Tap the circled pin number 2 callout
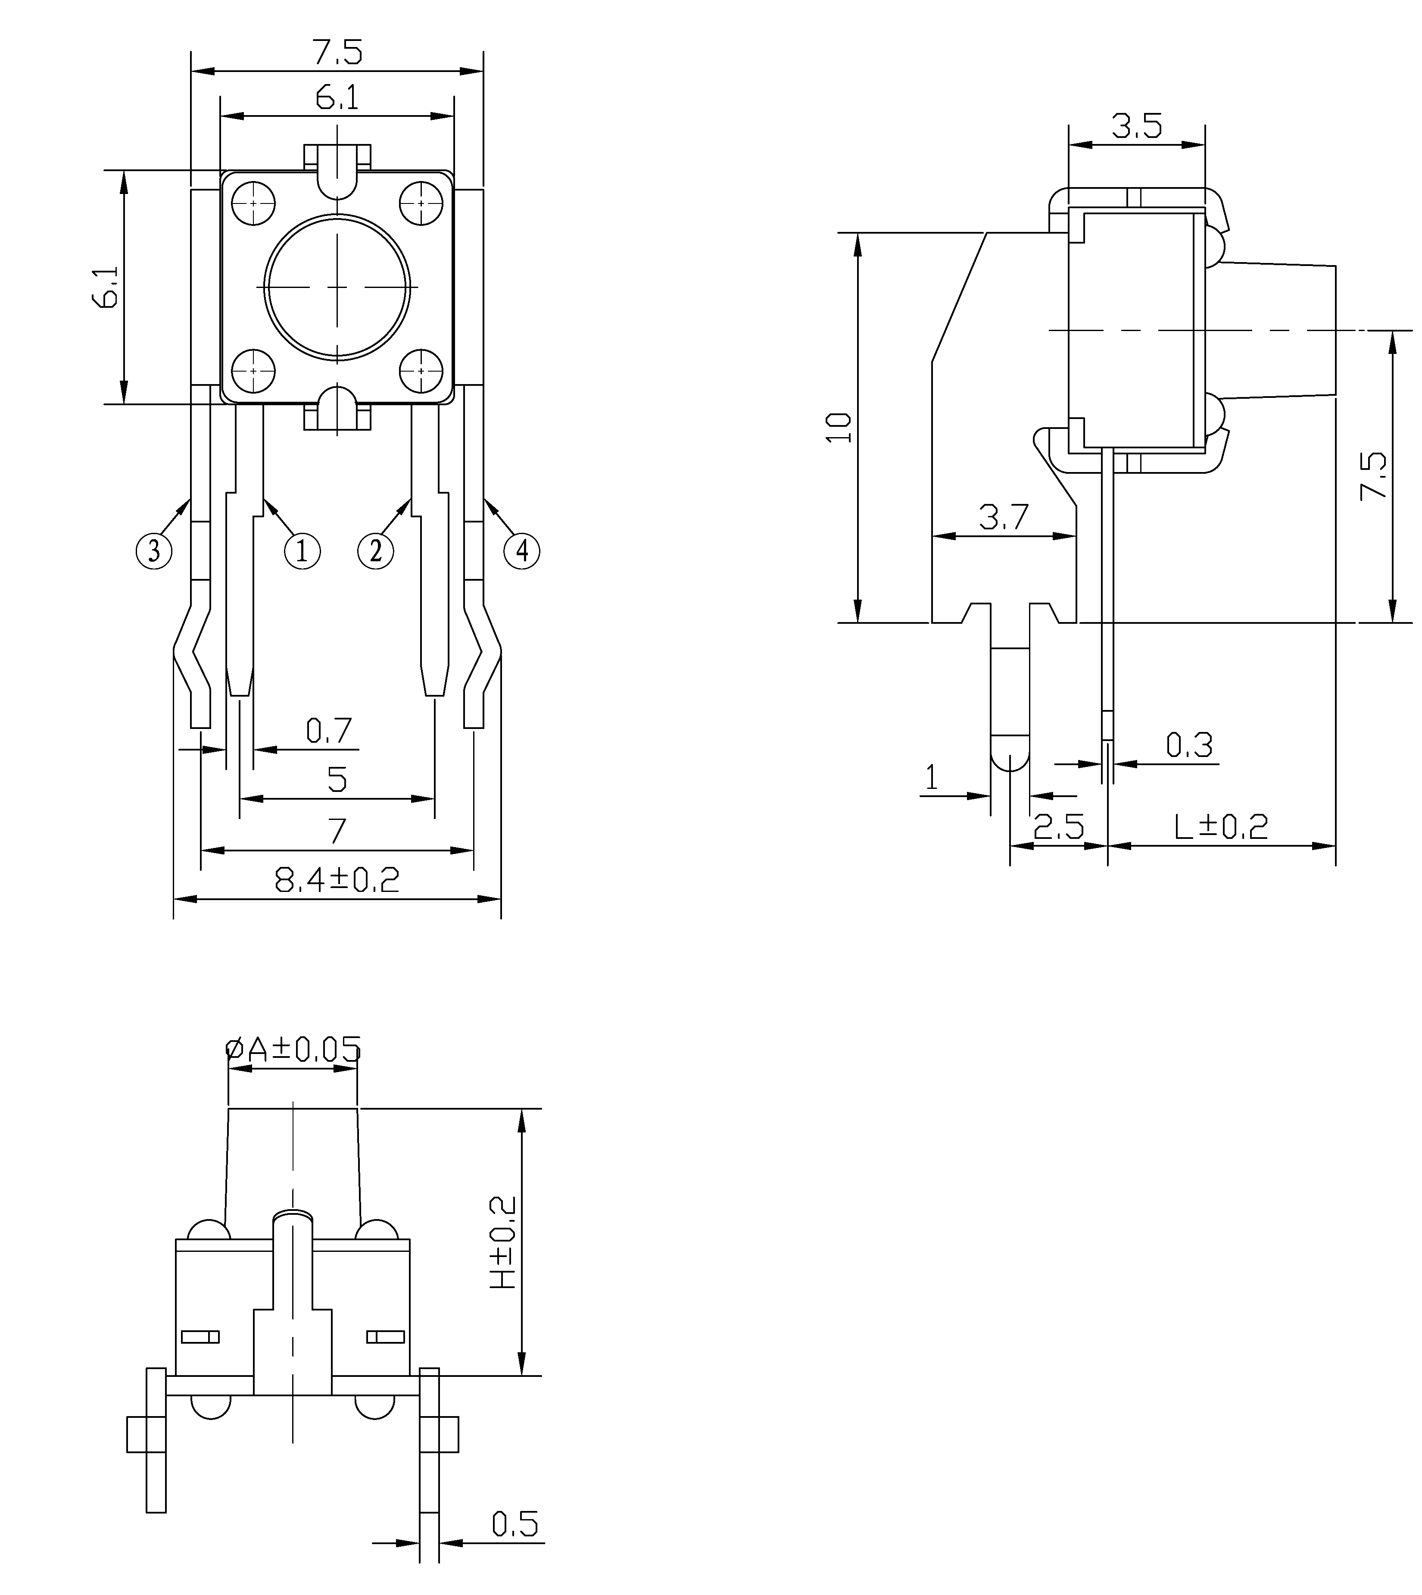(x=376, y=551)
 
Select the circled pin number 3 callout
(x=154, y=551)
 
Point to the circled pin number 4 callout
(x=522, y=551)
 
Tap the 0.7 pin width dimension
(x=329, y=731)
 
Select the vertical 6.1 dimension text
(x=107, y=287)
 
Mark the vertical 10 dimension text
(x=839, y=428)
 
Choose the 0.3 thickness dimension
(x=1189, y=745)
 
